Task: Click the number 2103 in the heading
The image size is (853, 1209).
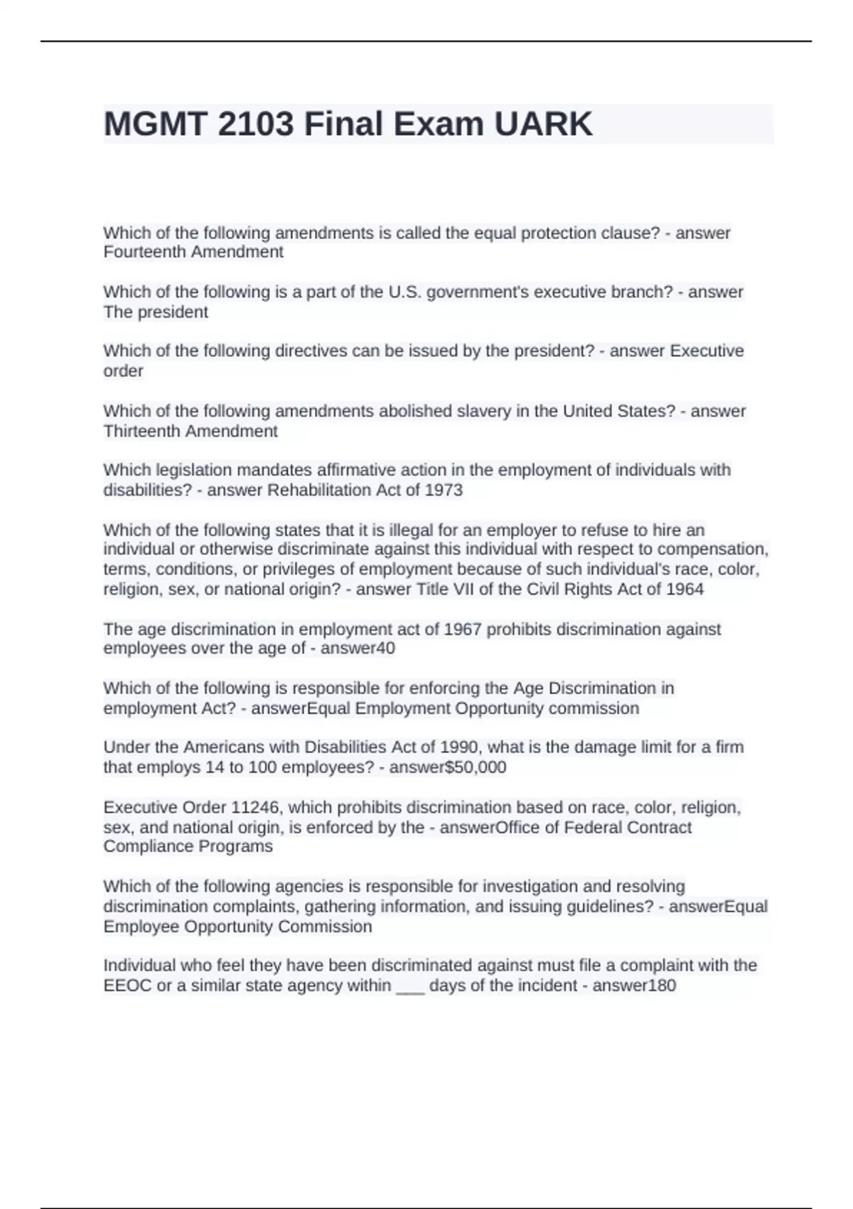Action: [x=256, y=124]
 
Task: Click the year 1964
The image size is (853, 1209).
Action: [x=685, y=589]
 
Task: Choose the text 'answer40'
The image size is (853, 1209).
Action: [x=358, y=648]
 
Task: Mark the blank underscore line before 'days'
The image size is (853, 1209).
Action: [x=410, y=986]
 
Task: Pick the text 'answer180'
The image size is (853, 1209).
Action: [x=634, y=985]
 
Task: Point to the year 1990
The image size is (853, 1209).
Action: [x=464, y=747]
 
